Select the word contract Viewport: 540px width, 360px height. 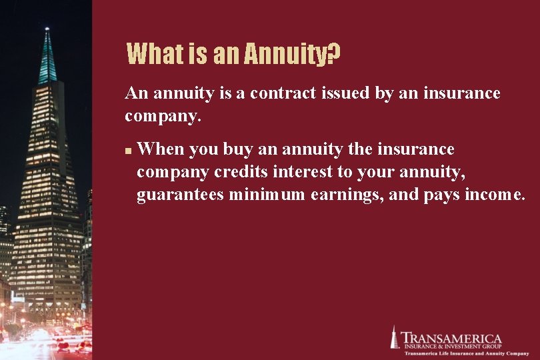coord(275,93)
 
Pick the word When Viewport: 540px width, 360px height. coord(160,149)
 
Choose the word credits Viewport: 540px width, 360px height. coord(241,172)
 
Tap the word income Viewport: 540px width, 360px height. coord(493,195)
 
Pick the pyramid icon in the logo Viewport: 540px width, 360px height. coord(394,337)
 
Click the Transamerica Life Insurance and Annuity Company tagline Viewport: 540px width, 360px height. coord(458,353)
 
